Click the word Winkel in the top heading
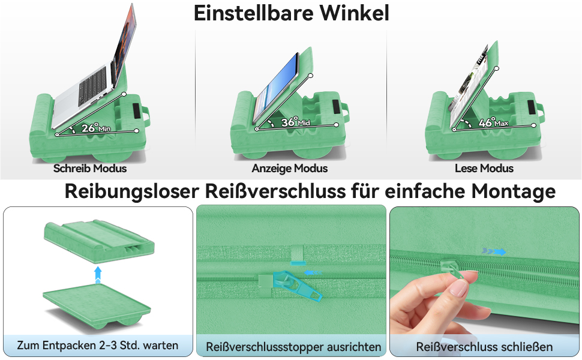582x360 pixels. pos(355,13)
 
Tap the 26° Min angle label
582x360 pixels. pos(96,128)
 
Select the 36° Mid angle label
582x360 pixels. pos(295,122)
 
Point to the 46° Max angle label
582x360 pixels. pos(493,122)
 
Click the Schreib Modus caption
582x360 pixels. pos(90,168)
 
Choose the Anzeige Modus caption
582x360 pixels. pos(290,168)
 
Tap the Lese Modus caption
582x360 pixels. pos(484,168)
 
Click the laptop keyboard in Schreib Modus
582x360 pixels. pos(94,85)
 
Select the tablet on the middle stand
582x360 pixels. pos(277,88)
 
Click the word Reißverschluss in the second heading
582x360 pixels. pos(275,191)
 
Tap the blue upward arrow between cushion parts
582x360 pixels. pos(98,274)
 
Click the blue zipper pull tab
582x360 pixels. pos(298,286)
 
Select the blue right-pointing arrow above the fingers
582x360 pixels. pos(494,251)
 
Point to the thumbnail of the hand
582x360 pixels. pos(459,287)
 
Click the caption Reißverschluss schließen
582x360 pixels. pos(484,347)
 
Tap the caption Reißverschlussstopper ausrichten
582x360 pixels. pos(293,347)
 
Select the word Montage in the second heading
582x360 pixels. pos(514,192)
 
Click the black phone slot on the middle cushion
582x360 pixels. pos(335,107)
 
